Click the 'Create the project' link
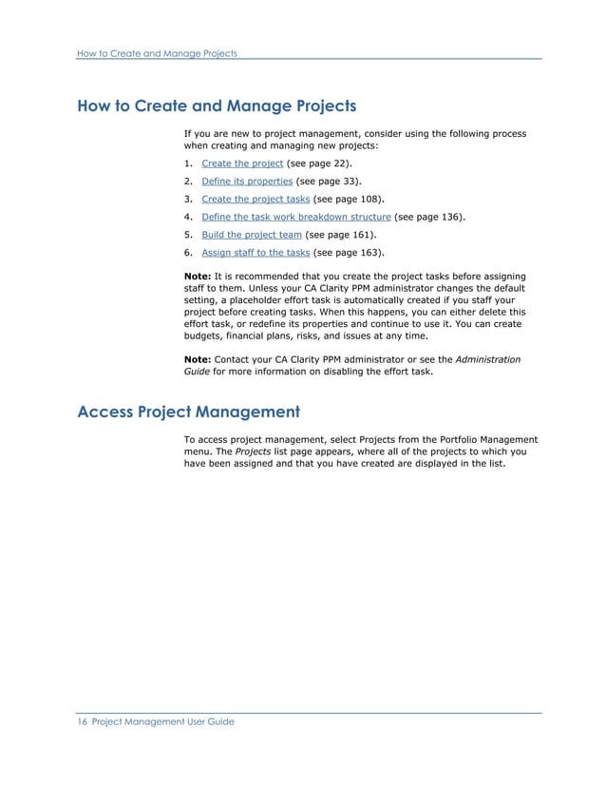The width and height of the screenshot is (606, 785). click(x=242, y=163)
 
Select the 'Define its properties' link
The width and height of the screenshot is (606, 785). click(x=247, y=181)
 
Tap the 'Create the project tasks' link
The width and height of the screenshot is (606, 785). click(x=256, y=199)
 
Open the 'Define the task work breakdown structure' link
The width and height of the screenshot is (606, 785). click(x=296, y=217)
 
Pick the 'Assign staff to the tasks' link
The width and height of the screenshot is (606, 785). click(x=256, y=253)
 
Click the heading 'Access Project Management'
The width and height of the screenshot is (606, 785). click(x=188, y=412)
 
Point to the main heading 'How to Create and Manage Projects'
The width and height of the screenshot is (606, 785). click(x=217, y=105)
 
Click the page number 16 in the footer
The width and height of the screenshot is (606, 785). click(x=81, y=722)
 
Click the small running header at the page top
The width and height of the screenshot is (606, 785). click(x=157, y=52)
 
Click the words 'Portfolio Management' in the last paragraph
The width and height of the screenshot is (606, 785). click(x=490, y=439)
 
